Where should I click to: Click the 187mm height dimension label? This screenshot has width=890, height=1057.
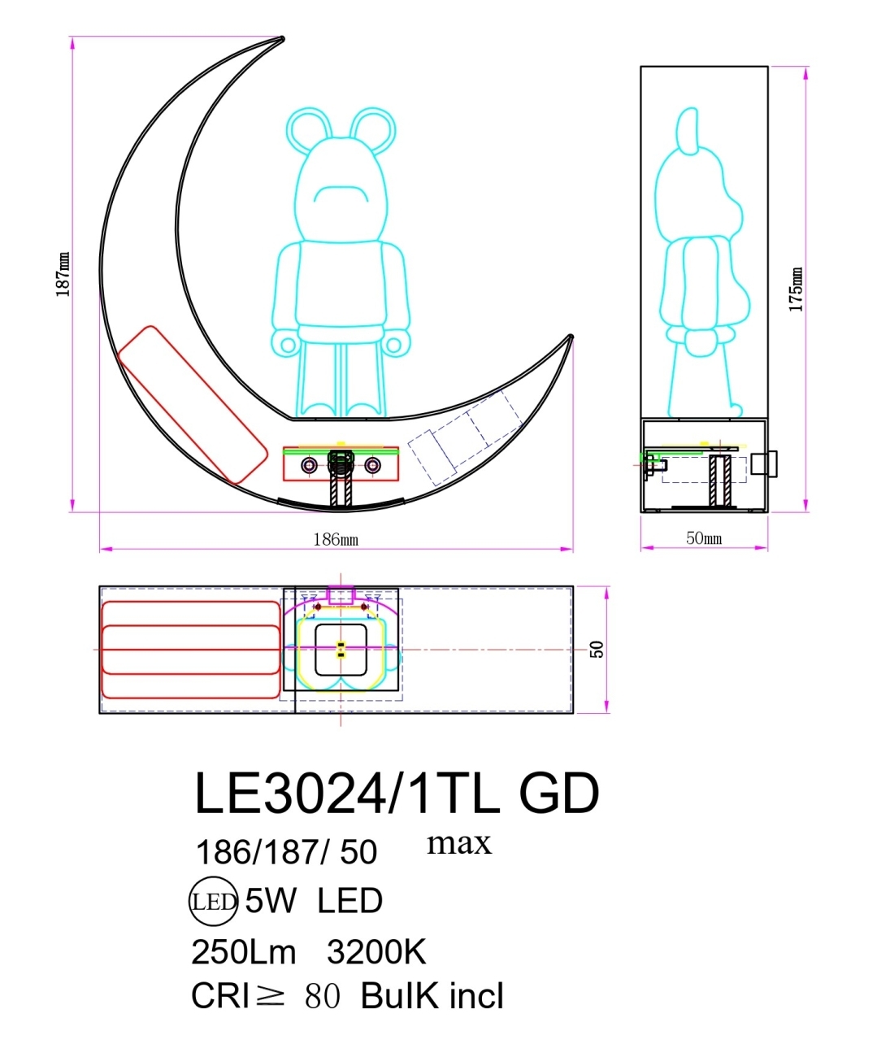[x=63, y=274]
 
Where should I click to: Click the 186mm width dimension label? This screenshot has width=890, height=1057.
[x=336, y=539]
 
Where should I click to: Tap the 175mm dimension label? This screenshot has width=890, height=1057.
[x=797, y=289]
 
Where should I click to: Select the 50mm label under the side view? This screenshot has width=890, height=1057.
[x=704, y=538]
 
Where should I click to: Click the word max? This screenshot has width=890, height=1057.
[x=459, y=843]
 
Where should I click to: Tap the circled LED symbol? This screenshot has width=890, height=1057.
[x=213, y=902]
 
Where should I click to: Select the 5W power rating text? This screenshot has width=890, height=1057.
[x=270, y=901]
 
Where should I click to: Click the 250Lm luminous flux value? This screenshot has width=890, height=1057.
[x=244, y=952]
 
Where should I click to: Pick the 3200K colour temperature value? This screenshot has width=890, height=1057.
[x=376, y=952]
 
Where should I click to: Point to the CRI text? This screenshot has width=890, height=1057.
[x=220, y=996]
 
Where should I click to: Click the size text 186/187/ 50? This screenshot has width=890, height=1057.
[x=286, y=852]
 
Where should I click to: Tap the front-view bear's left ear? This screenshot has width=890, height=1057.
[x=308, y=130]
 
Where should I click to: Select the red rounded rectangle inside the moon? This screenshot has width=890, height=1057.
[x=192, y=404]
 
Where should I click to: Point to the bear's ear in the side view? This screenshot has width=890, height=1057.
[x=688, y=129]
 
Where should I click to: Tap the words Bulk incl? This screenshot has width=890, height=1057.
[x=432, y=996]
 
